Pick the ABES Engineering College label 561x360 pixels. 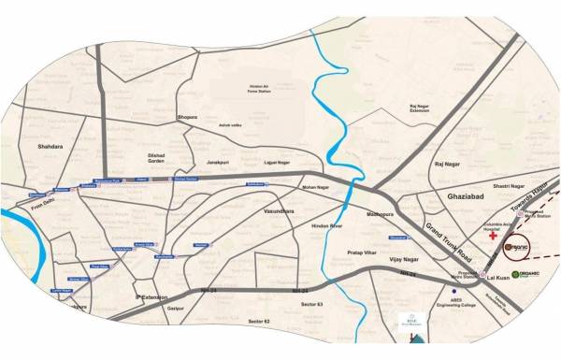[x=451, y=316]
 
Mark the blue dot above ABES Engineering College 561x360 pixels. [x=452, y=302]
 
